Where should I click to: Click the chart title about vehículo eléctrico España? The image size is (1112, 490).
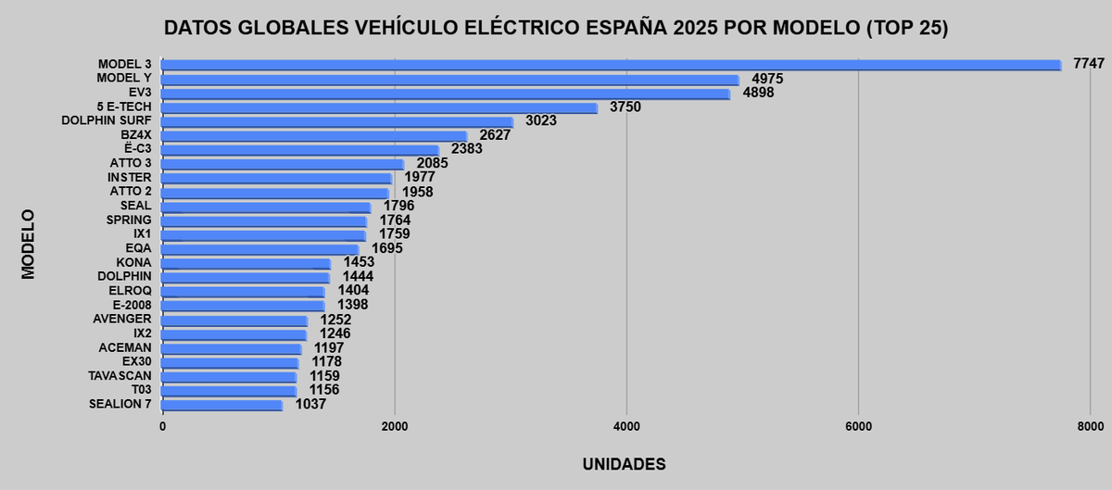point(556,29)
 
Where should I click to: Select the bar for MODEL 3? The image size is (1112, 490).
point(612,65)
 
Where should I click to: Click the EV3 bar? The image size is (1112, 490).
point(446,94)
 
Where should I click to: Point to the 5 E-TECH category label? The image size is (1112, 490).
point(123,107)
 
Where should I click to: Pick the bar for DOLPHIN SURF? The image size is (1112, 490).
point(337,121)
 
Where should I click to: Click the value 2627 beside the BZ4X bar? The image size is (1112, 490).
point(495,135)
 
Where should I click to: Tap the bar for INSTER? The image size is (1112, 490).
point(277,178)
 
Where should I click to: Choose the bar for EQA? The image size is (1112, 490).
point(260,248)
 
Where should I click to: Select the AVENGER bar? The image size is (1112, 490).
point(235,320)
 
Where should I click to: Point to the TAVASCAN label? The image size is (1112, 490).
point(120,376)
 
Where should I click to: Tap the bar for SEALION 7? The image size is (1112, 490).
point(222,405)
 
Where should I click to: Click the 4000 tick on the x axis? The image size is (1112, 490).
point(626,426)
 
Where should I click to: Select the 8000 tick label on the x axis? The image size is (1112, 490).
point(1090,426)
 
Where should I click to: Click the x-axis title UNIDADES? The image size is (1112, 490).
point(624,463)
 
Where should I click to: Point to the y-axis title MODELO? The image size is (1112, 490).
point(29,245)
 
